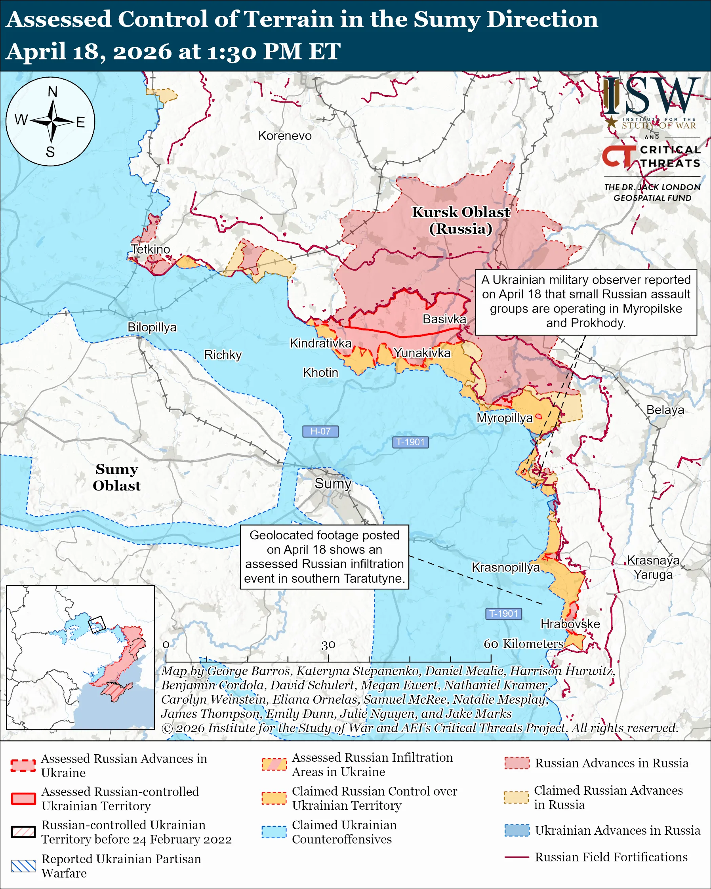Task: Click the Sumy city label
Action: [333, 483]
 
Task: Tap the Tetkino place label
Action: [151, 249]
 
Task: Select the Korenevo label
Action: [285, 135]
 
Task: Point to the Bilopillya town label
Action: [152, 327]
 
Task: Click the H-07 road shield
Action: [320, 431]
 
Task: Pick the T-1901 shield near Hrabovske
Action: [504, 614]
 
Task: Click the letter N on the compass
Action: [52, 92]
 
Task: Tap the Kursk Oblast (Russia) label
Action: [461, 220]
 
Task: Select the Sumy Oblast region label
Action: [116, 477]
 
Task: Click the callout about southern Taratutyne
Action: [324, 557]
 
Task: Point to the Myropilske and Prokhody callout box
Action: [586, 301]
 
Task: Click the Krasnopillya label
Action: [505, 567]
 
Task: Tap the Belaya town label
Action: [665, 410]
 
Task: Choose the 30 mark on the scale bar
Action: [328, 645]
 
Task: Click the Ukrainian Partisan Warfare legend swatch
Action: [23, 866]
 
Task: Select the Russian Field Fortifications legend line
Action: [517, 857]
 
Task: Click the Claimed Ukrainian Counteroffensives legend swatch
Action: [274, 832]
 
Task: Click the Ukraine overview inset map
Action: [80, 657]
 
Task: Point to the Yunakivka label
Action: [422, 353]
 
